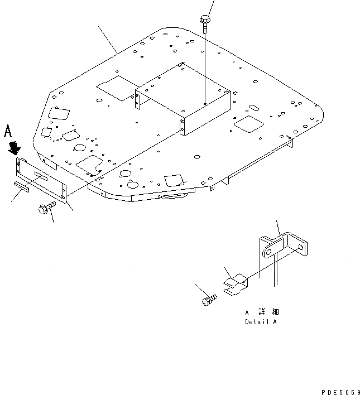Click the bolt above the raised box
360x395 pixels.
204,22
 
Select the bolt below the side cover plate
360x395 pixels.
44,210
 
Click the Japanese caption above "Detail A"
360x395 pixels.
262,312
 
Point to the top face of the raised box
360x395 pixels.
184,89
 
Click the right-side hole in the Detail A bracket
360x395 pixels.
302,247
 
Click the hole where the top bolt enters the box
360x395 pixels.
205,103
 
